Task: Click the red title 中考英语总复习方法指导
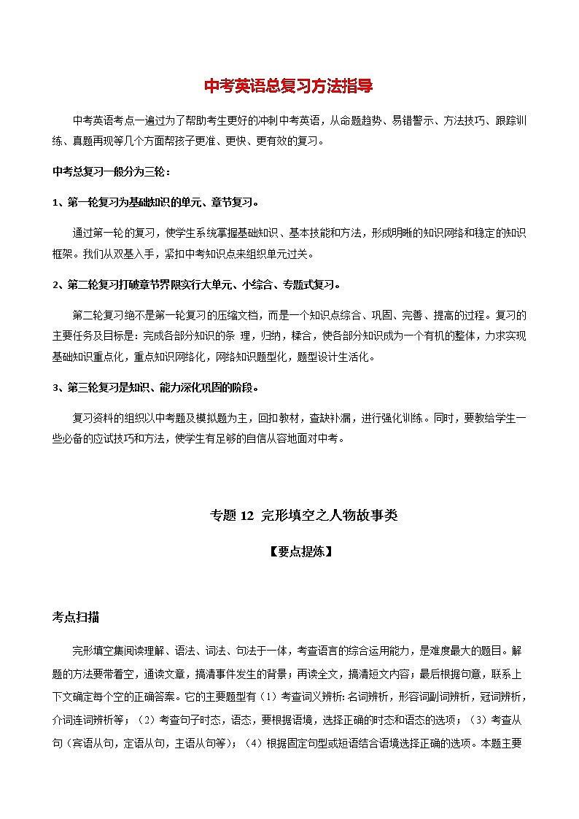pos(289,86)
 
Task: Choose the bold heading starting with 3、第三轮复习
pos(155,387)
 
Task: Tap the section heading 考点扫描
pos(77,618)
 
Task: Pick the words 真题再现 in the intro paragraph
pos(100,140)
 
